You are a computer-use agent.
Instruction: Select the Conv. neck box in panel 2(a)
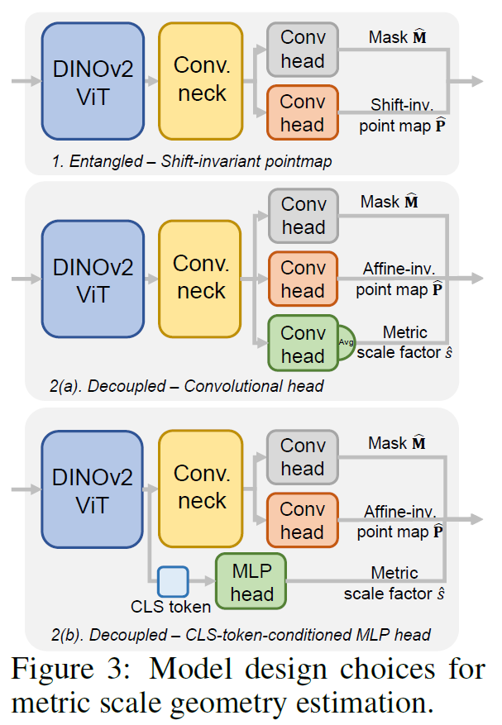point(200,278)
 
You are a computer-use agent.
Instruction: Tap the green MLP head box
point(251,583)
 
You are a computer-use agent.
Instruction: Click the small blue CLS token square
point(173,581)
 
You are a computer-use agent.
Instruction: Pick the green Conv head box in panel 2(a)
point(302,344)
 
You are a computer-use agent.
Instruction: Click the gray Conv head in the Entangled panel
point(302,50)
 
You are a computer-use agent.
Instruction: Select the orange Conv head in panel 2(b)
point(302,520)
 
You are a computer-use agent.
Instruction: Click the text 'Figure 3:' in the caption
point(76,669)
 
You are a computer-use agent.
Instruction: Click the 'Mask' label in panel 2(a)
point(395,201)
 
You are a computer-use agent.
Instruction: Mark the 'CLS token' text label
point(170,607)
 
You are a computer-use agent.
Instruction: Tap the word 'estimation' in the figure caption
point(356,701)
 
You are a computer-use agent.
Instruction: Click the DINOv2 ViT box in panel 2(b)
point(93,488)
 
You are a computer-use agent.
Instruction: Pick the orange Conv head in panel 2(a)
point(302,279)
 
